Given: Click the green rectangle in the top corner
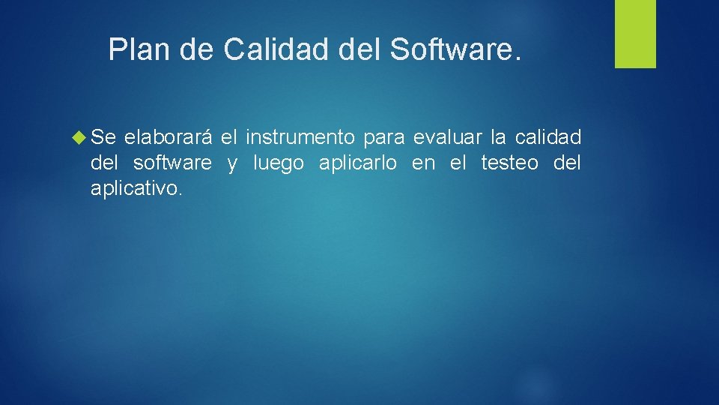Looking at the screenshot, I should (635, 34).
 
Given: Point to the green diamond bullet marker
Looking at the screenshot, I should (81, 137).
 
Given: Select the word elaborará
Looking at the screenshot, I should (169, 137).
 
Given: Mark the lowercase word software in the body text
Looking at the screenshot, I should (172, 163).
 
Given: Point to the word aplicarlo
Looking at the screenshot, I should (358, 163).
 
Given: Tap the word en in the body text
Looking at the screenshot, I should (423, 163).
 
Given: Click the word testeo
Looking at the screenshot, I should (509, 163).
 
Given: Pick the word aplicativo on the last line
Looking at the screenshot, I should (136, 188).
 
